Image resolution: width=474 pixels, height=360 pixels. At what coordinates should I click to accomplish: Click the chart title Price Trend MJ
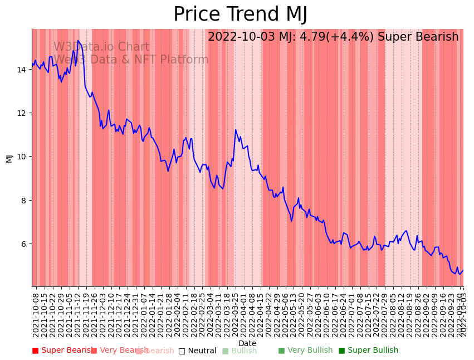point(240,14)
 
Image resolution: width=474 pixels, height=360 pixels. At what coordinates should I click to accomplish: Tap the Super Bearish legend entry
point(62,351)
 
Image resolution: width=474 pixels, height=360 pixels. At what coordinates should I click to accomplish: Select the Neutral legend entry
point(198,351)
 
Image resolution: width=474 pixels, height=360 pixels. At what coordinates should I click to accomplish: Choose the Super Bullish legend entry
point(369,351)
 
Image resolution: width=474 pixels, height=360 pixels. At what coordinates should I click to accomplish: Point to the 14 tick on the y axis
point(22,70)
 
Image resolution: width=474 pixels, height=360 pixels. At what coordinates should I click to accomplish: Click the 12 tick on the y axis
point(22,113)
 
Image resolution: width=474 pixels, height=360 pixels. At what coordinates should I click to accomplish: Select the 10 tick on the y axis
point(22,157)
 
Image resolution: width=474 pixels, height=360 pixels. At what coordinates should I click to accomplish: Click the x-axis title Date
point(247,343)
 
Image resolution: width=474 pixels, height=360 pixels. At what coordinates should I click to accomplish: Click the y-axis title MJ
point(9,158)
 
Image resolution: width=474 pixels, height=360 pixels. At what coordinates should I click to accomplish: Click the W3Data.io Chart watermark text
point(101,47)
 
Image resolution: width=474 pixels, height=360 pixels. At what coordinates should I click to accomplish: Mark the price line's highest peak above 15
point(78,41)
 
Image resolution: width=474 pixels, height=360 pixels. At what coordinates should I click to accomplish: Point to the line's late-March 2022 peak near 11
point(236,130)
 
